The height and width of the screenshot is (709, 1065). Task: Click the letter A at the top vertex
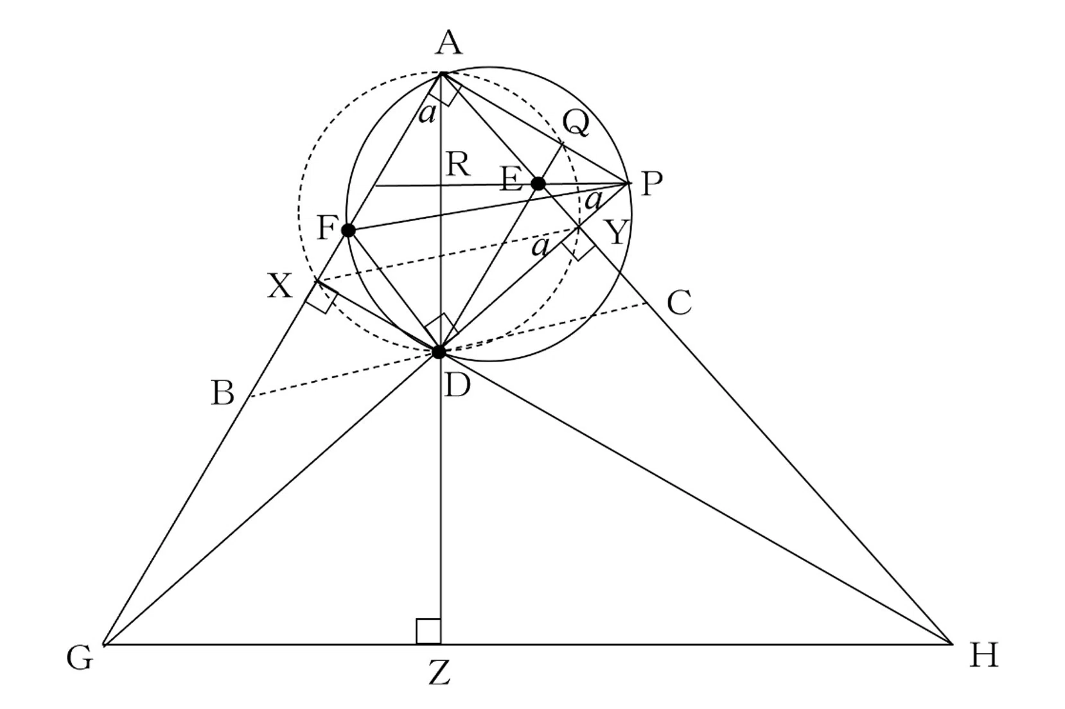pyautogui.click(x=449, y=43)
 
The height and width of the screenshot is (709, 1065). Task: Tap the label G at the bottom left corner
pyautogui.click(x=80, y=659)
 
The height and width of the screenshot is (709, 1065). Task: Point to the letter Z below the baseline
pyautogui.click(x=439, y=674)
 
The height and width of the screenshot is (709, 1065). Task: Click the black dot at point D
pyautogui.click(x=439, y=352)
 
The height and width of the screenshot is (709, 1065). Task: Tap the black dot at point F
pyautogui.click(x=349, y=231)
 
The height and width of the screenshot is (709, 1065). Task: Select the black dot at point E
pyautogui.click(x=538, y=184)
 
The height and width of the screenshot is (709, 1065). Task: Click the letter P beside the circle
pyautogui.click(x=651, y=184)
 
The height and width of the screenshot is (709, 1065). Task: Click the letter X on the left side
pyautogui.click(x=279, y=286)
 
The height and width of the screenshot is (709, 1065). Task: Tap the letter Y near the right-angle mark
pyautogui.click(x=617, y=232)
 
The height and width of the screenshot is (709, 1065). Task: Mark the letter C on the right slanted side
pyautogui.click(x=680, y=302)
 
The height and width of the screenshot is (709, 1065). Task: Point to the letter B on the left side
pyautogui.click(x=222, y=393)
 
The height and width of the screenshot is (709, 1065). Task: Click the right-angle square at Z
pyautogui.click(x=428, y=631)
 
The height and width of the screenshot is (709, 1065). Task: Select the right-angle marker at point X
pyautogui.click(x=321, y=298)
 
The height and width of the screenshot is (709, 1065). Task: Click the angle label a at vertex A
pyautogui.click(x=427, y=114)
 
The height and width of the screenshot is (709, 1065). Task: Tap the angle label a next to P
pyautogui.click(x=594, y=200)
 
